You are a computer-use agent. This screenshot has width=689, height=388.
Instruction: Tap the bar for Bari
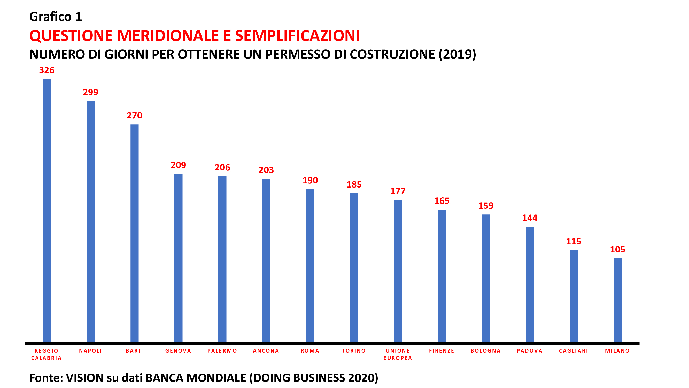(135, 233)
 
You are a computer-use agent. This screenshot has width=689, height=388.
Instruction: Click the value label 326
(47, 70)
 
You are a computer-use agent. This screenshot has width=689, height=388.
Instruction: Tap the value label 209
(179, 165)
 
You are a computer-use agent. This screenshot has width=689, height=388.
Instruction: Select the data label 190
(310, 180)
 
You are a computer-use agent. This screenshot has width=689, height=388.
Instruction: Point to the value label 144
(530, 218)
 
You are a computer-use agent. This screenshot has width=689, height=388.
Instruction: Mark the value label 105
(617, 249)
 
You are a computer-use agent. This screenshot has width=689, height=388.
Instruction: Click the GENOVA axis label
(179, 351)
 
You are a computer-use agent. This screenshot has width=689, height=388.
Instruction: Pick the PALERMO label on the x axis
(222, 351)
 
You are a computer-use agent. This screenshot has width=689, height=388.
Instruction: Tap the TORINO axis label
(354, 351)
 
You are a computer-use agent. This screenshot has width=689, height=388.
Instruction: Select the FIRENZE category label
(442, 351)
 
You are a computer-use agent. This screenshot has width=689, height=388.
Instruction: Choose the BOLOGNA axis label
(486, 351)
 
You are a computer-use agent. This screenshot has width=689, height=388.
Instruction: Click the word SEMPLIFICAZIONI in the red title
(297, 36)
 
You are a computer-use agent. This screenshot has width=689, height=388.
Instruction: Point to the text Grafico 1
(56, 17)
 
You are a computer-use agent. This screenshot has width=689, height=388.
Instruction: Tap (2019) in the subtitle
(457, 54)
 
